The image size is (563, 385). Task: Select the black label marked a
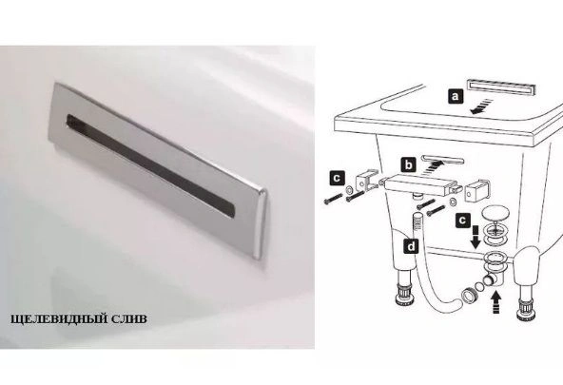click(x=456, y=96)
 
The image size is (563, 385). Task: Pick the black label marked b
click(x=409, y=165)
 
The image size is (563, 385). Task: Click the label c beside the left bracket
click(x=338, y=178)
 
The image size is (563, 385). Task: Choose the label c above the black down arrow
click(x=463, y=220)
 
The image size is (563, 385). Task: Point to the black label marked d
click(x=411, y=246)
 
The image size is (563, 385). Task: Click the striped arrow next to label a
click(x=480, y=106)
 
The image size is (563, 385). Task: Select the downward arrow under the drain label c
click(x=476, y=237)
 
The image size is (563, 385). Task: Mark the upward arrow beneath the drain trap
click(x=495, y=302)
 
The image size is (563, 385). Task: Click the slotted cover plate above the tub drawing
click(x=501, y=87)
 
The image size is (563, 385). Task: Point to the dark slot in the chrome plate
click(x=151, y=165)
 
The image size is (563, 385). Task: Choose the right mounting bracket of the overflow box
click(x=476, y=190)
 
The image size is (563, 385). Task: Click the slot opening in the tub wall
click(x=443, y=160)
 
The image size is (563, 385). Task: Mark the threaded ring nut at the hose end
click(x=468, y=296)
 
